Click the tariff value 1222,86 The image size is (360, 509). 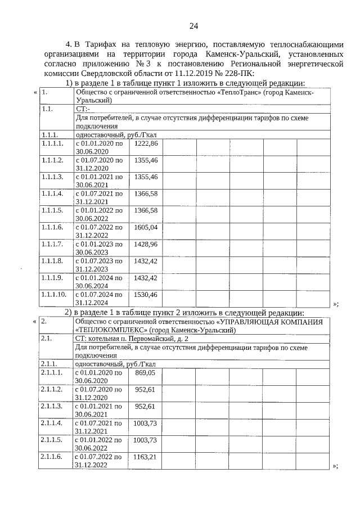pos(146,144)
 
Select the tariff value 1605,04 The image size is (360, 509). pos(146,227)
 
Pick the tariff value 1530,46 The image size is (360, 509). pos(146,295)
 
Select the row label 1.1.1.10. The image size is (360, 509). pos(55,295)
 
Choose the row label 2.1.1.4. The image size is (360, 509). pos(52,423)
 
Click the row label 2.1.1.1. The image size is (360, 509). pos(52,372)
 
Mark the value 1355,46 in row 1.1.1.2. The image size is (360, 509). pos(146,160)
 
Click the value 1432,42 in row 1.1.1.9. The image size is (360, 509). pos(146,278)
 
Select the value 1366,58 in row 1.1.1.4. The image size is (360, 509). pos(146,194)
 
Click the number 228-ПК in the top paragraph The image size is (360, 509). pos(238,74)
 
